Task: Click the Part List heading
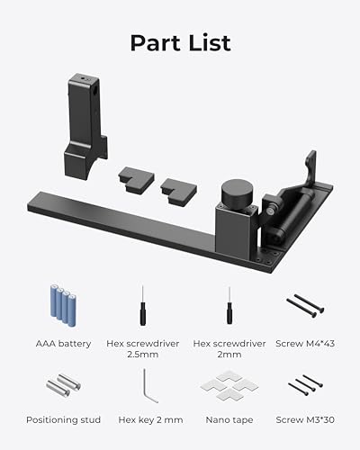click(x=180, y=42)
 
